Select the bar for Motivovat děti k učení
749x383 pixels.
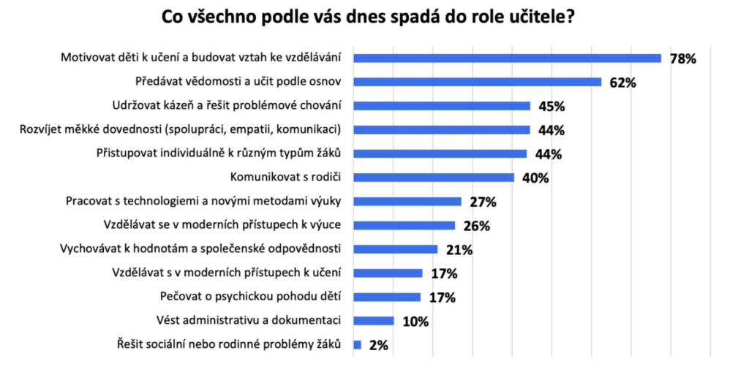[x=507, y=58]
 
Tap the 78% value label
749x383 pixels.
[x=682, y=58]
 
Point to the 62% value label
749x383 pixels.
[x=622, y=83]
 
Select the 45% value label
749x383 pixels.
[x=551, y=106]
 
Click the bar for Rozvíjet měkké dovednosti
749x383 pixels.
[x=441, y=130]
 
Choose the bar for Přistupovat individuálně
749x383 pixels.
[x=440, y=153]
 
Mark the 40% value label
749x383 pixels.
[x=534, y=178]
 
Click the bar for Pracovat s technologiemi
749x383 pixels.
[x=407, y=201]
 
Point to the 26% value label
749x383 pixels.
[x=476, y=225]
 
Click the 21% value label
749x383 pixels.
[x=459, y=249]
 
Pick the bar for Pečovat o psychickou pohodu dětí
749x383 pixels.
[x=387, y=297]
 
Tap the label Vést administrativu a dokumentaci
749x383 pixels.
[x=249, y=320]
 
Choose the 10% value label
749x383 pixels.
[x=415, y=321]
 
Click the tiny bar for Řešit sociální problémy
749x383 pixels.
[x=357, y=344]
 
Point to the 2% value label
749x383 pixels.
[x=378, y=345]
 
